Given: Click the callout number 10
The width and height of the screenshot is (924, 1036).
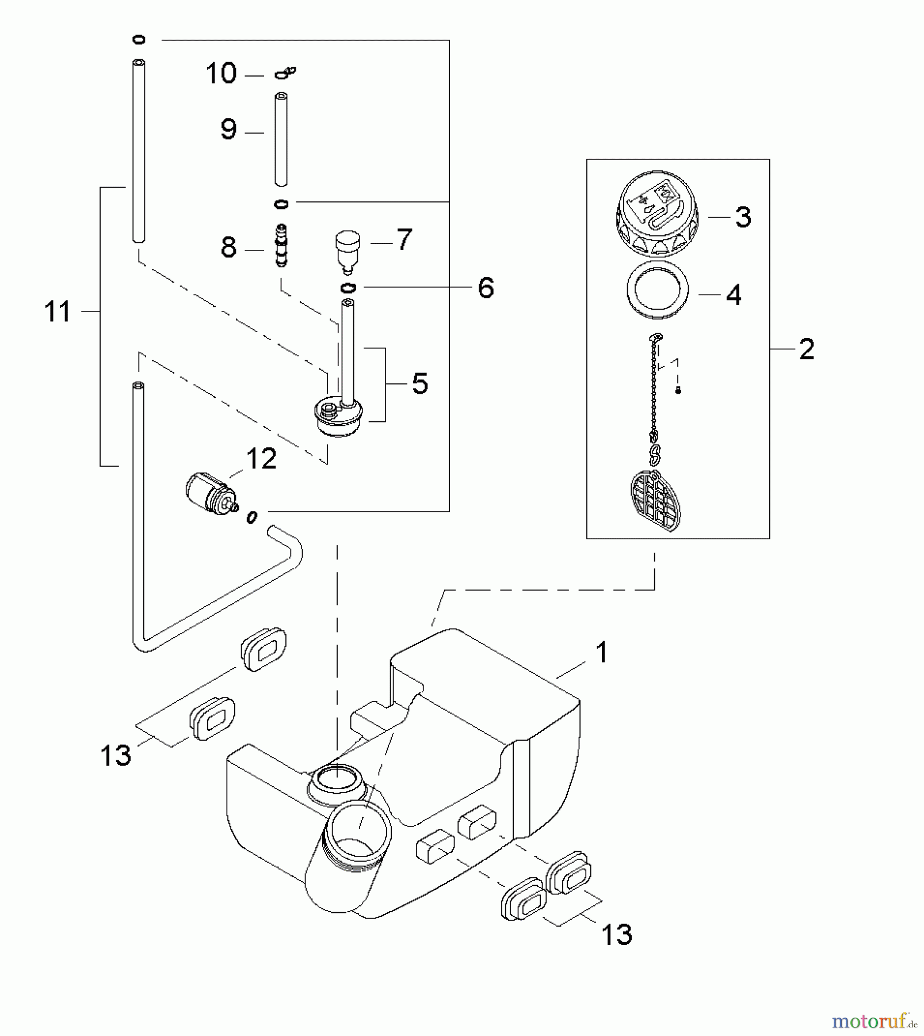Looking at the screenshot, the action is tap(222, 74).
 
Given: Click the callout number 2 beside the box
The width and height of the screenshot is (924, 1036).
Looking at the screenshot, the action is tap(807, 349).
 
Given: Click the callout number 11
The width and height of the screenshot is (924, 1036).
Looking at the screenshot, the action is tap(58, 311).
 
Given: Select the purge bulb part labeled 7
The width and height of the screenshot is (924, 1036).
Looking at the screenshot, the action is tap(348, 250).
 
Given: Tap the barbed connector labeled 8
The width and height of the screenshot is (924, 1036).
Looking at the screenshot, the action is tap(281, 246).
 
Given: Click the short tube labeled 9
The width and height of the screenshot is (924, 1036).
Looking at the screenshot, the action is tap(281, 139).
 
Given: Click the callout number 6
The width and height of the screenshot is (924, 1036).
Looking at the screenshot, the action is tap(486, 287).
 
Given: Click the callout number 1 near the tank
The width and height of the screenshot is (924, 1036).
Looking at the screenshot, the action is tap(601, 653).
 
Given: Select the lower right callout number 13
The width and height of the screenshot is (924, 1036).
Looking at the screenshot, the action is tap(617, 935).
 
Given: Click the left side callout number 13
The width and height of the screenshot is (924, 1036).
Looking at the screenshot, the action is tap(116, 755).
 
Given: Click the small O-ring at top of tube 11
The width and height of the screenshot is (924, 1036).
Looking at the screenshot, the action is tap(139, 40).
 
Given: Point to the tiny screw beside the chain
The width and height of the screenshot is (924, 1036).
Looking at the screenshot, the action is tap(678, 391).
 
